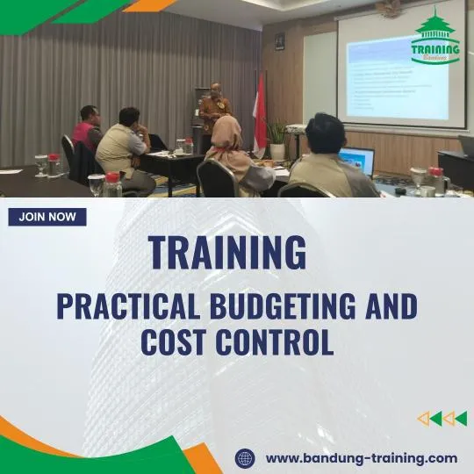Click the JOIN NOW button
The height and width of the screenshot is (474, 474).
pos(47,217)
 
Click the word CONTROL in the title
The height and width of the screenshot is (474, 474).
pos(278,341)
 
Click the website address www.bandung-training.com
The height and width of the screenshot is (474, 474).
pos(361,457)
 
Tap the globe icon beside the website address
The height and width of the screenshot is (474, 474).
pos(245,458)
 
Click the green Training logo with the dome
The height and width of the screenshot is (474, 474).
pos(435,39)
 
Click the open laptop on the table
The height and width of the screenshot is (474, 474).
pos(357,160)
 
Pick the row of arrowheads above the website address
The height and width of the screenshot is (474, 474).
pos(442,419)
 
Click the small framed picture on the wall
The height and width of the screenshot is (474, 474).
pos(279,41)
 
